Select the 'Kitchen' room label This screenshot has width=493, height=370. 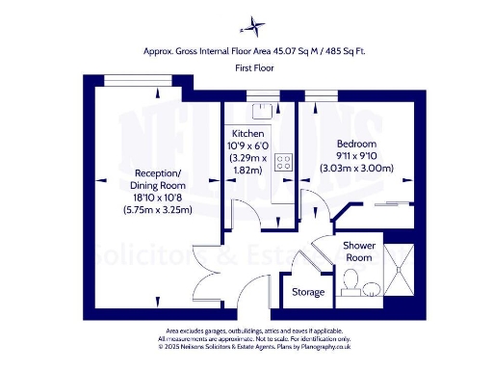click(247, 133)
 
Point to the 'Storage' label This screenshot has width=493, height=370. click(307, 291)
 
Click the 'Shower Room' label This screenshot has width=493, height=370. click(358, 251)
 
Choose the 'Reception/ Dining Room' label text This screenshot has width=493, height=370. click(155, 179)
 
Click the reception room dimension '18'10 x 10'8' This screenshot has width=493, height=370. click(156, 197)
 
